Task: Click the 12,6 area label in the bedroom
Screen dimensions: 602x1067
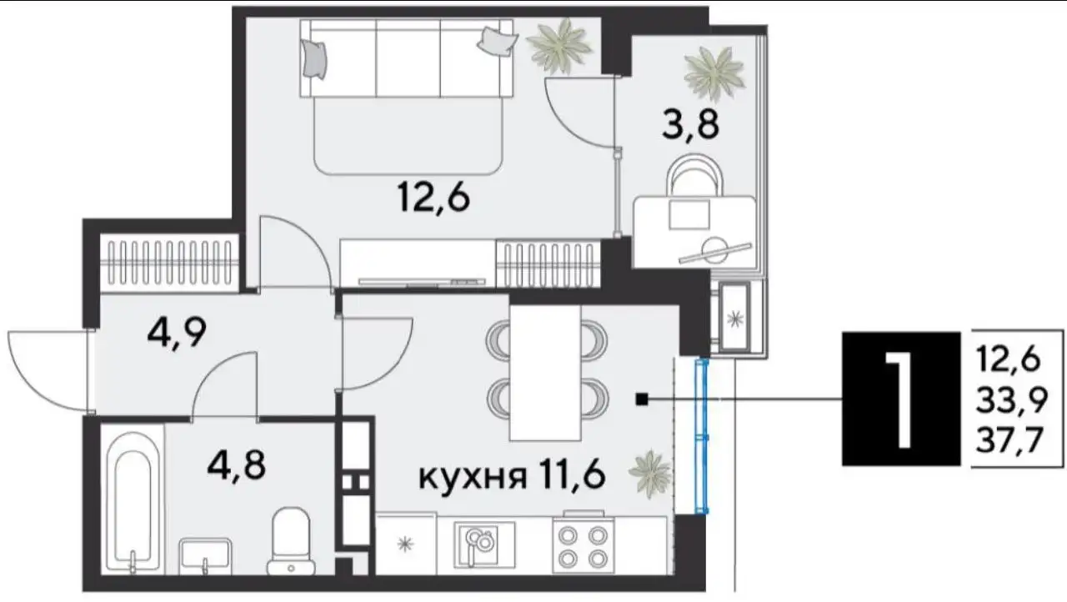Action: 434,198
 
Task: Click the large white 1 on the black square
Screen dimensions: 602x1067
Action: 900,398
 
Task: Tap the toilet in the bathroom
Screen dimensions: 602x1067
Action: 291,539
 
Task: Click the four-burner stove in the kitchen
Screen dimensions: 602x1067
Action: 583,545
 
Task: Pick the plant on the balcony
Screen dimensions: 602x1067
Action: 714,72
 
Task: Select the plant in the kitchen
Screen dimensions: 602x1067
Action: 649,471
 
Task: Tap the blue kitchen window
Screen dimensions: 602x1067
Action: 703,435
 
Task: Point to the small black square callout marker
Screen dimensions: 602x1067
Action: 641,400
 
